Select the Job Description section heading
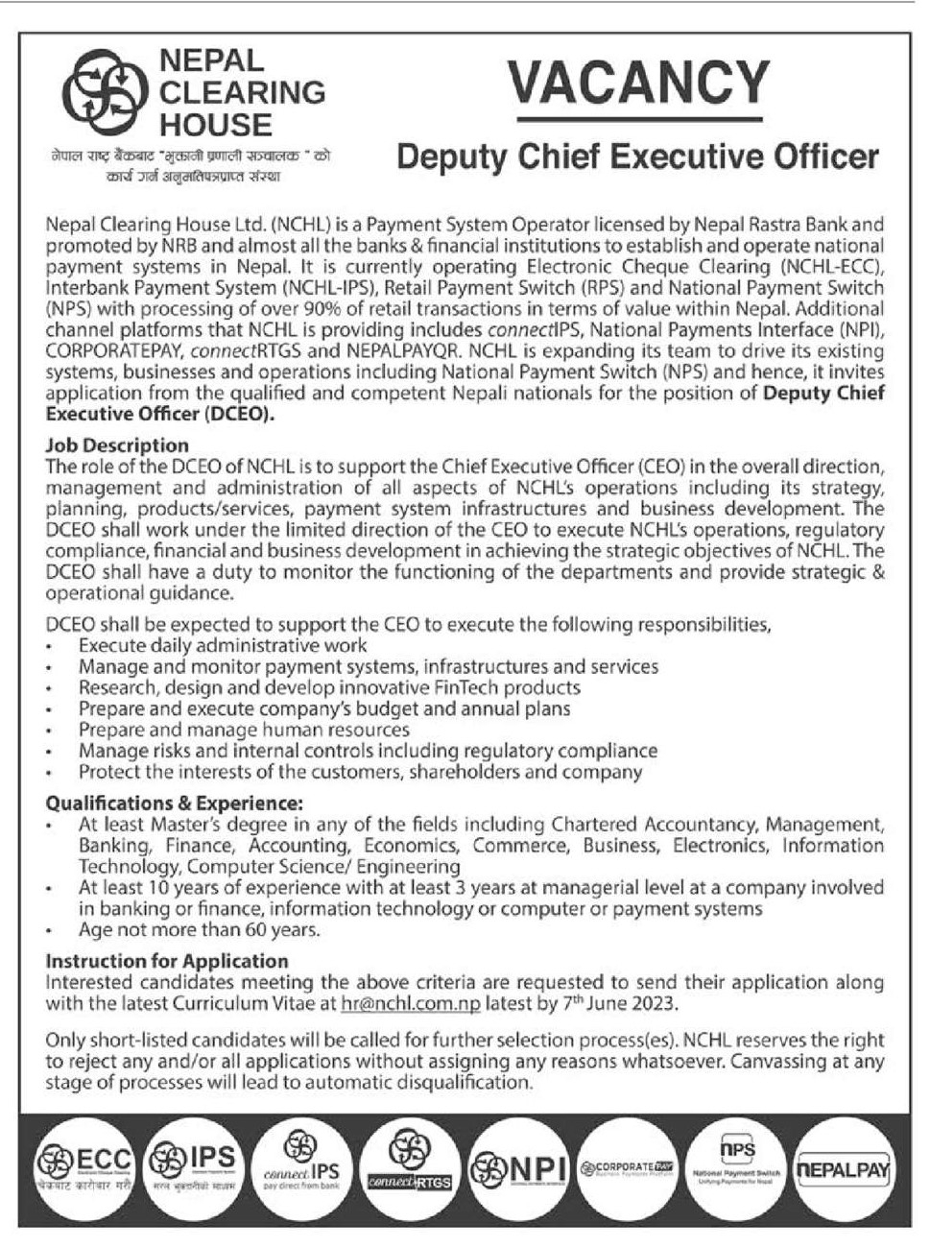click(117, 445)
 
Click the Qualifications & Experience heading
click(174, 803)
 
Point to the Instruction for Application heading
click(167, 961)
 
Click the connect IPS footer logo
click(301, 1162)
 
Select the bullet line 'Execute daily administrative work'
click(223, 646)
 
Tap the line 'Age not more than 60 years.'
click(200, 930)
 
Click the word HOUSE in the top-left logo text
click(215, 125)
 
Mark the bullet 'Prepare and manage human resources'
click(244, 731)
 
